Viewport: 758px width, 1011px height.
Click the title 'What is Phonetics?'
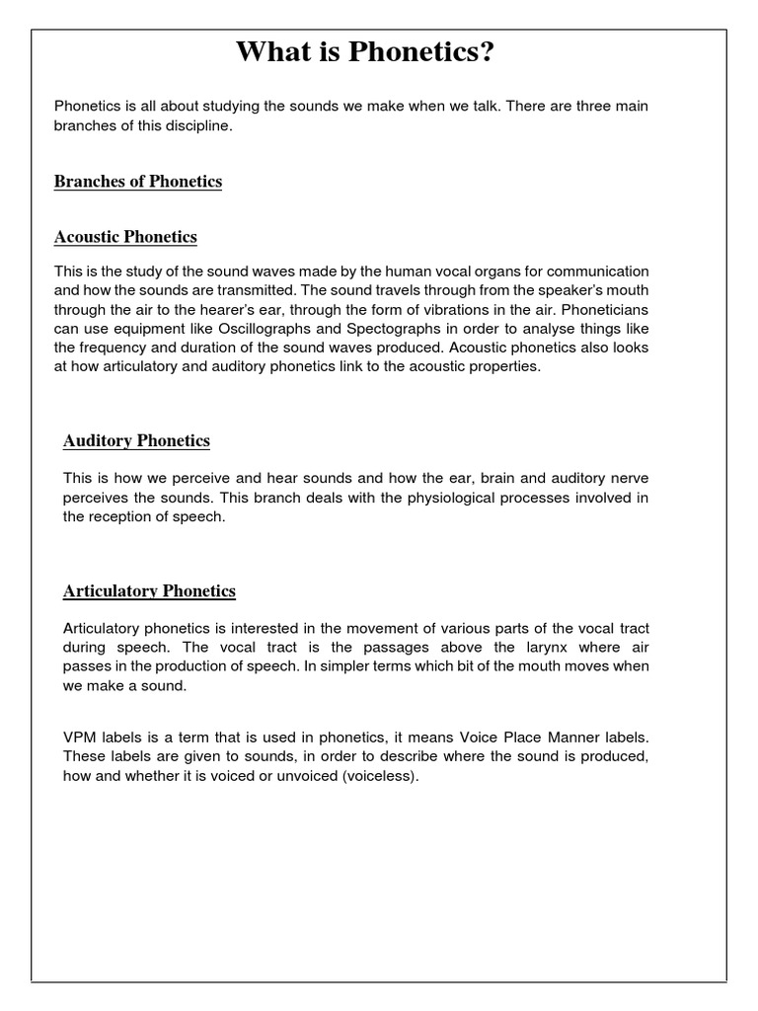coord(364,51)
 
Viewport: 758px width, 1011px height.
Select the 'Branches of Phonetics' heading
coord(138,182)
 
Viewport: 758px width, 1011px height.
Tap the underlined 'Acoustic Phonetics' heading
coord(125,237)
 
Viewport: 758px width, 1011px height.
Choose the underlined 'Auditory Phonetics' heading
coord(136,440)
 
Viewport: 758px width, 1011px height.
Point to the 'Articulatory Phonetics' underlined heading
coord(149,591)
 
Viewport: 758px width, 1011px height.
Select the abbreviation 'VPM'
coord(79,739)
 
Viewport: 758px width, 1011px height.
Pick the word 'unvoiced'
coord(312,776)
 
